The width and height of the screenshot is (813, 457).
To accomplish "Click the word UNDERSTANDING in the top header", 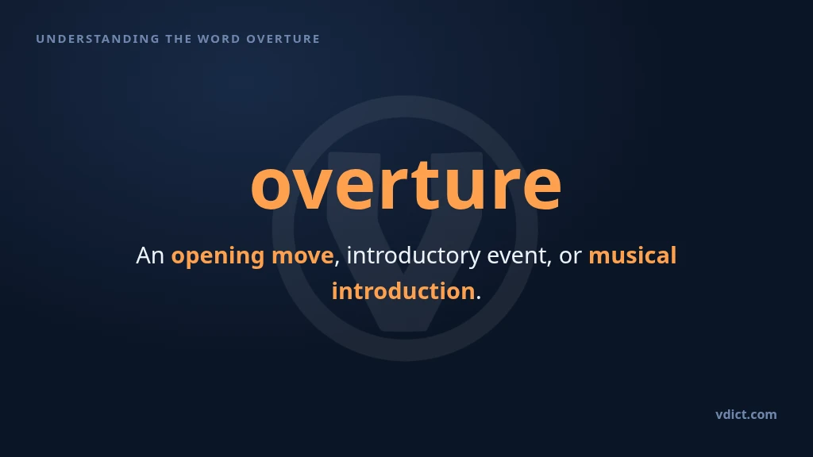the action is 98,39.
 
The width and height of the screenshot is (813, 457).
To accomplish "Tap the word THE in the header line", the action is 179,39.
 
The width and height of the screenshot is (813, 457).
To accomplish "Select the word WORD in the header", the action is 219,39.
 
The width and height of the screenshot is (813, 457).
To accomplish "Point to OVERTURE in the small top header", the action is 283,39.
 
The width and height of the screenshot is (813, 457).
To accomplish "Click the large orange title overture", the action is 406,186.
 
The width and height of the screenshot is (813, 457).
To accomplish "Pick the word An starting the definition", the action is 150,255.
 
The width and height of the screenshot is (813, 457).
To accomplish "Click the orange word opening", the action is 218,256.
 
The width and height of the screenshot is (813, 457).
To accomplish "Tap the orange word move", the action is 302,256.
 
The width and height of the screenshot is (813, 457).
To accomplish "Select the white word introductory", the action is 413,256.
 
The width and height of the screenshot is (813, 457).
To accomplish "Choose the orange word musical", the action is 633,255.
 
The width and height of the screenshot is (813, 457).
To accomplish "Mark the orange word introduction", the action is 403,290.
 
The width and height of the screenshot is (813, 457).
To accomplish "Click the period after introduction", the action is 479,298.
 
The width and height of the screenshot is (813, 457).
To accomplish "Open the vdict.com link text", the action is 746,414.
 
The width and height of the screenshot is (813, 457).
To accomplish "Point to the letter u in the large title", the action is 464,188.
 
